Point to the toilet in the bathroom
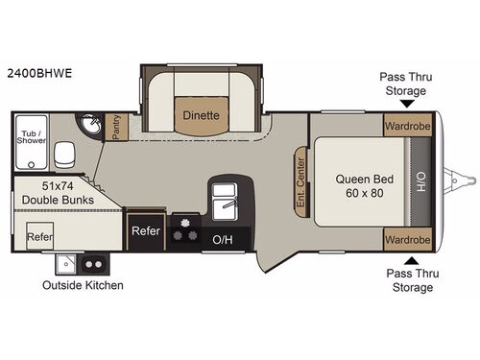coord(65,156)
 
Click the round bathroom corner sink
coord(88,127)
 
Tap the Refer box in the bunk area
coord(39,235)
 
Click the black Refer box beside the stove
coord(145,230)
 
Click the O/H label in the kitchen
coord(223,238)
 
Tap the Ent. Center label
coord(301,180)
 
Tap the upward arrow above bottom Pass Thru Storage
coord(410,259)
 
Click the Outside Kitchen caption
coord(83,285)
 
